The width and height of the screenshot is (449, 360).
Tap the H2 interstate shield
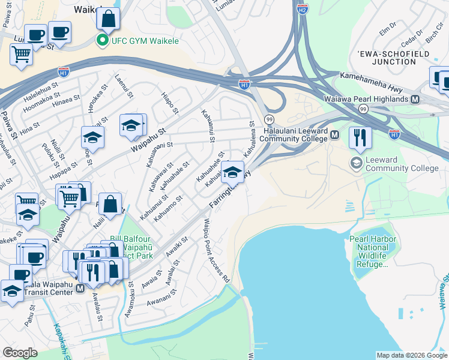coord(303,10)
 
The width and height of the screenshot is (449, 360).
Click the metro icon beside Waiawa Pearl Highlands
coord(415,98)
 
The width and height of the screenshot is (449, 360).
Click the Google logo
coord(20,352)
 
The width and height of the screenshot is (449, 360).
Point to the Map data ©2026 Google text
coord(412,355)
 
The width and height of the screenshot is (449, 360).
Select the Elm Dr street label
coord(388,26)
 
